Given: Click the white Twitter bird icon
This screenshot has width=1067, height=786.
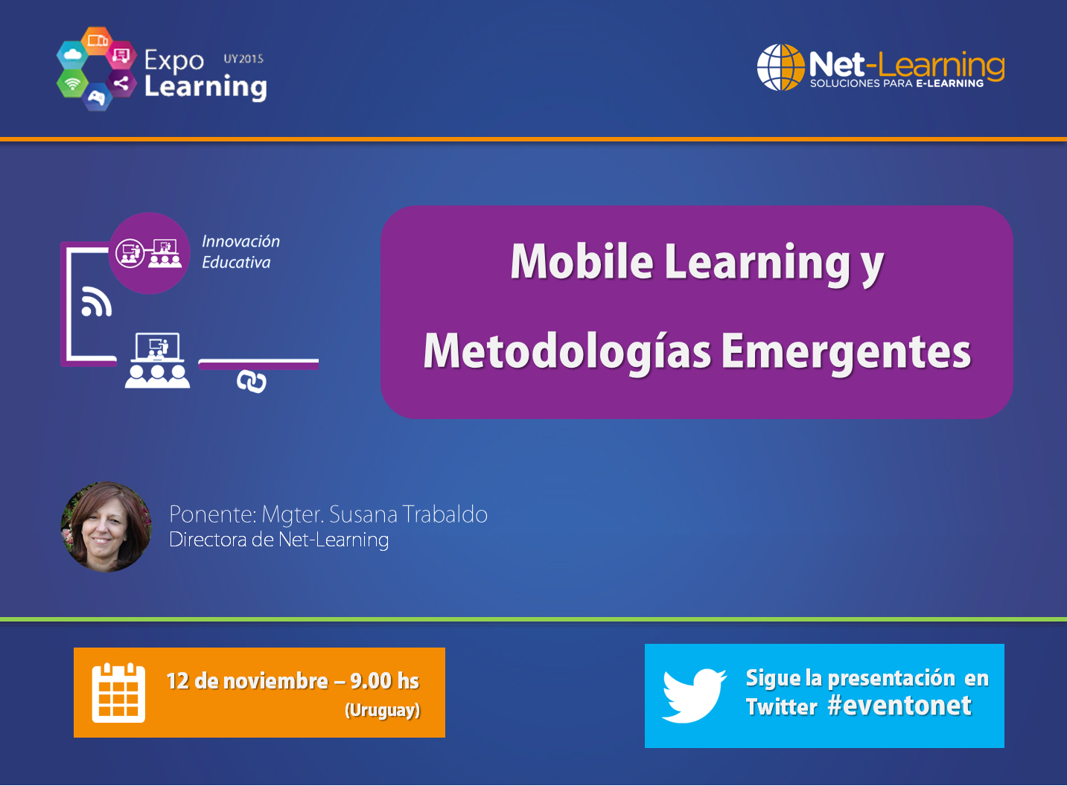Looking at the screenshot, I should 693,696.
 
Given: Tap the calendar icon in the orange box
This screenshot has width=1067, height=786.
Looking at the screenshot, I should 118,693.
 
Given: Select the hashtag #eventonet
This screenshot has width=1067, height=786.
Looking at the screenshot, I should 899,706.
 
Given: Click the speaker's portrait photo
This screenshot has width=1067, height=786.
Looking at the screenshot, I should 106,527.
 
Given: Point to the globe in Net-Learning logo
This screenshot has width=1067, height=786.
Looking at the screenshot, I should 780,67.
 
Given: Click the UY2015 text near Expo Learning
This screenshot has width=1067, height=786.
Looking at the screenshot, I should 243,59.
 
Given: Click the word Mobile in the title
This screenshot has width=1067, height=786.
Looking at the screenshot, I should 582,262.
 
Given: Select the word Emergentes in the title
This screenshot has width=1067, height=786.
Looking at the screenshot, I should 846,351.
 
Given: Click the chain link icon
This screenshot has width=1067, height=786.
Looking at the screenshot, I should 252,382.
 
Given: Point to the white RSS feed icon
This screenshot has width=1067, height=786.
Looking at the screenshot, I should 96,301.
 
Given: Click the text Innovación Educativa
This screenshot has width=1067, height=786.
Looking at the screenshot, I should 240,252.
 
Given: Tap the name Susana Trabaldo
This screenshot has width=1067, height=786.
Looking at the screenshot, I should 408,514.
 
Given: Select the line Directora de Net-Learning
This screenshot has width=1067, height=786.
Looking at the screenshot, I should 278,540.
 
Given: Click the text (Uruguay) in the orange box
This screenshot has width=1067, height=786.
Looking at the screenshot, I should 382,710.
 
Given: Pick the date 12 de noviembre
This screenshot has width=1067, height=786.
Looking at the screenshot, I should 246,681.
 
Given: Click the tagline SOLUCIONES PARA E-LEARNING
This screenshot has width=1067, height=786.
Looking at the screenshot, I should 896,83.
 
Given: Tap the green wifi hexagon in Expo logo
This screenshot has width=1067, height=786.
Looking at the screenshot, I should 72,84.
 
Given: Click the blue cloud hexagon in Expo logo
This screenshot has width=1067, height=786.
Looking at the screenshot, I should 73,54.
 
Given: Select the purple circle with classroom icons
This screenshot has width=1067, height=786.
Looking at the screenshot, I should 150,253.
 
